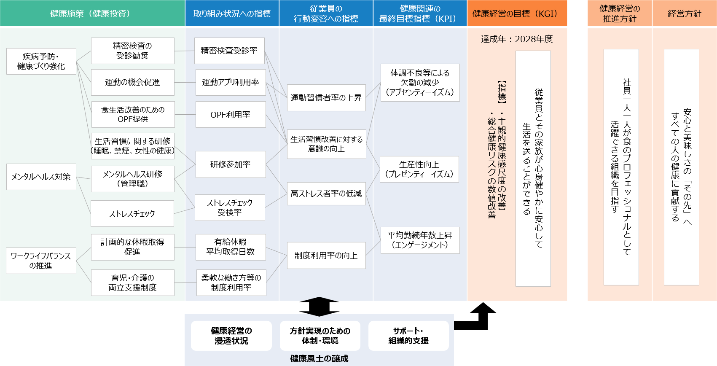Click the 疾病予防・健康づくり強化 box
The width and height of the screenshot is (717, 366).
[41, 62]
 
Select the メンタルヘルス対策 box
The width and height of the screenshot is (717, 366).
[41, 177]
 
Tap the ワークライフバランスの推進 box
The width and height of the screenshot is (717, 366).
[41, 261]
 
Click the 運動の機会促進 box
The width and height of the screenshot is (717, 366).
[132, 82]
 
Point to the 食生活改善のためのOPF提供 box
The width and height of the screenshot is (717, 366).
[133, 114]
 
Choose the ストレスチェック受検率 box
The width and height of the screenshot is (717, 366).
[230, 207]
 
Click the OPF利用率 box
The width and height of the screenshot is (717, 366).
[231, 114]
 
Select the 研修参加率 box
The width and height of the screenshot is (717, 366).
[230, 164]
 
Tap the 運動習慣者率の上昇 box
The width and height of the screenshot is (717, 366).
[326, 98]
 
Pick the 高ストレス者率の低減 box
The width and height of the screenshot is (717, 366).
[326, 194]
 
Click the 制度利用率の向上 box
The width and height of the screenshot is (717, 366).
[326, 256]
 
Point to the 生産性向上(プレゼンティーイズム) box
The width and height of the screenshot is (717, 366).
[419, 169]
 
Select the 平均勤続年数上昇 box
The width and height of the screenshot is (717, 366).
[420, 240]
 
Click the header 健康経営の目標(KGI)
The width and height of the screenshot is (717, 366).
[517, 13]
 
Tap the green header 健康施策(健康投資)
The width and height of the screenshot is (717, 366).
[92, 13]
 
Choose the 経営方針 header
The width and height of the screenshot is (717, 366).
[685, 13]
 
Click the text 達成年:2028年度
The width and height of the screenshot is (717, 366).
[517, 39]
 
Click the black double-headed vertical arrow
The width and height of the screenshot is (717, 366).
[320, 307]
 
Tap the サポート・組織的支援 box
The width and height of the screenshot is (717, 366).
[408, 336]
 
